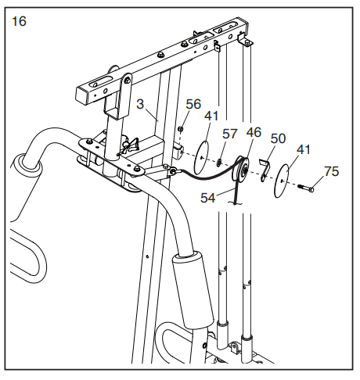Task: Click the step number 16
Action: (19, 21)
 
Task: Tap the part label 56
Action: (193, 104)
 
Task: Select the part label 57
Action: (229, 134)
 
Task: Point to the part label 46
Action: (254, 132)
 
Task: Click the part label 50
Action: (278, 138)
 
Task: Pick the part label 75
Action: (331, 171)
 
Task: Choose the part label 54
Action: (208, 198)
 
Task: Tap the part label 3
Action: (140, 104)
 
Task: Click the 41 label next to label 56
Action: (211, 116)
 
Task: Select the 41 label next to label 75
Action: (304, 150)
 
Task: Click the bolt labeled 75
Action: (306, 188)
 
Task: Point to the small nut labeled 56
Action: (180, 128)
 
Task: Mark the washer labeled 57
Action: (219, 163)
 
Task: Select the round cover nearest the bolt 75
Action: (282, 181)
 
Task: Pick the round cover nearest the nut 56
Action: (202, 158)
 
